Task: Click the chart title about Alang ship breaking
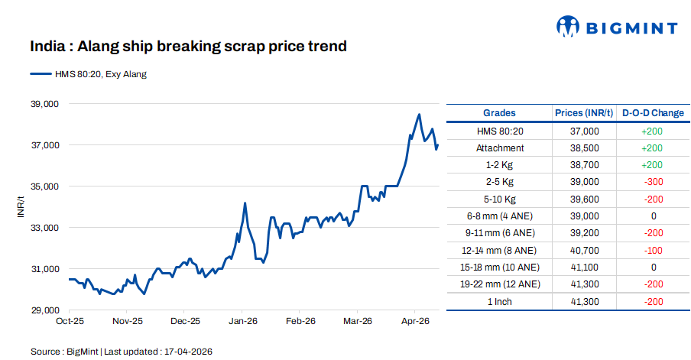tap(188, 47)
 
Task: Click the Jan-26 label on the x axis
tap(242, 322)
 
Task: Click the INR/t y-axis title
tap(21, 206)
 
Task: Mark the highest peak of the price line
tap(419, 115)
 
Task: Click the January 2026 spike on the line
tap(245, 203)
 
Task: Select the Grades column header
tap(499, 113)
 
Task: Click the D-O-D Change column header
tap(653, 113)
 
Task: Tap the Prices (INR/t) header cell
tap(584, 113)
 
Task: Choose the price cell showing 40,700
tap(584, 250)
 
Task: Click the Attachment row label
tap(499, 148)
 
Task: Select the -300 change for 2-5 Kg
tap(653, 182)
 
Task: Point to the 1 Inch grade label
tap(499, 302)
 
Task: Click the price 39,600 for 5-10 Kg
tap(584, 199)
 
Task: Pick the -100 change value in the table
tap(653, 250)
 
